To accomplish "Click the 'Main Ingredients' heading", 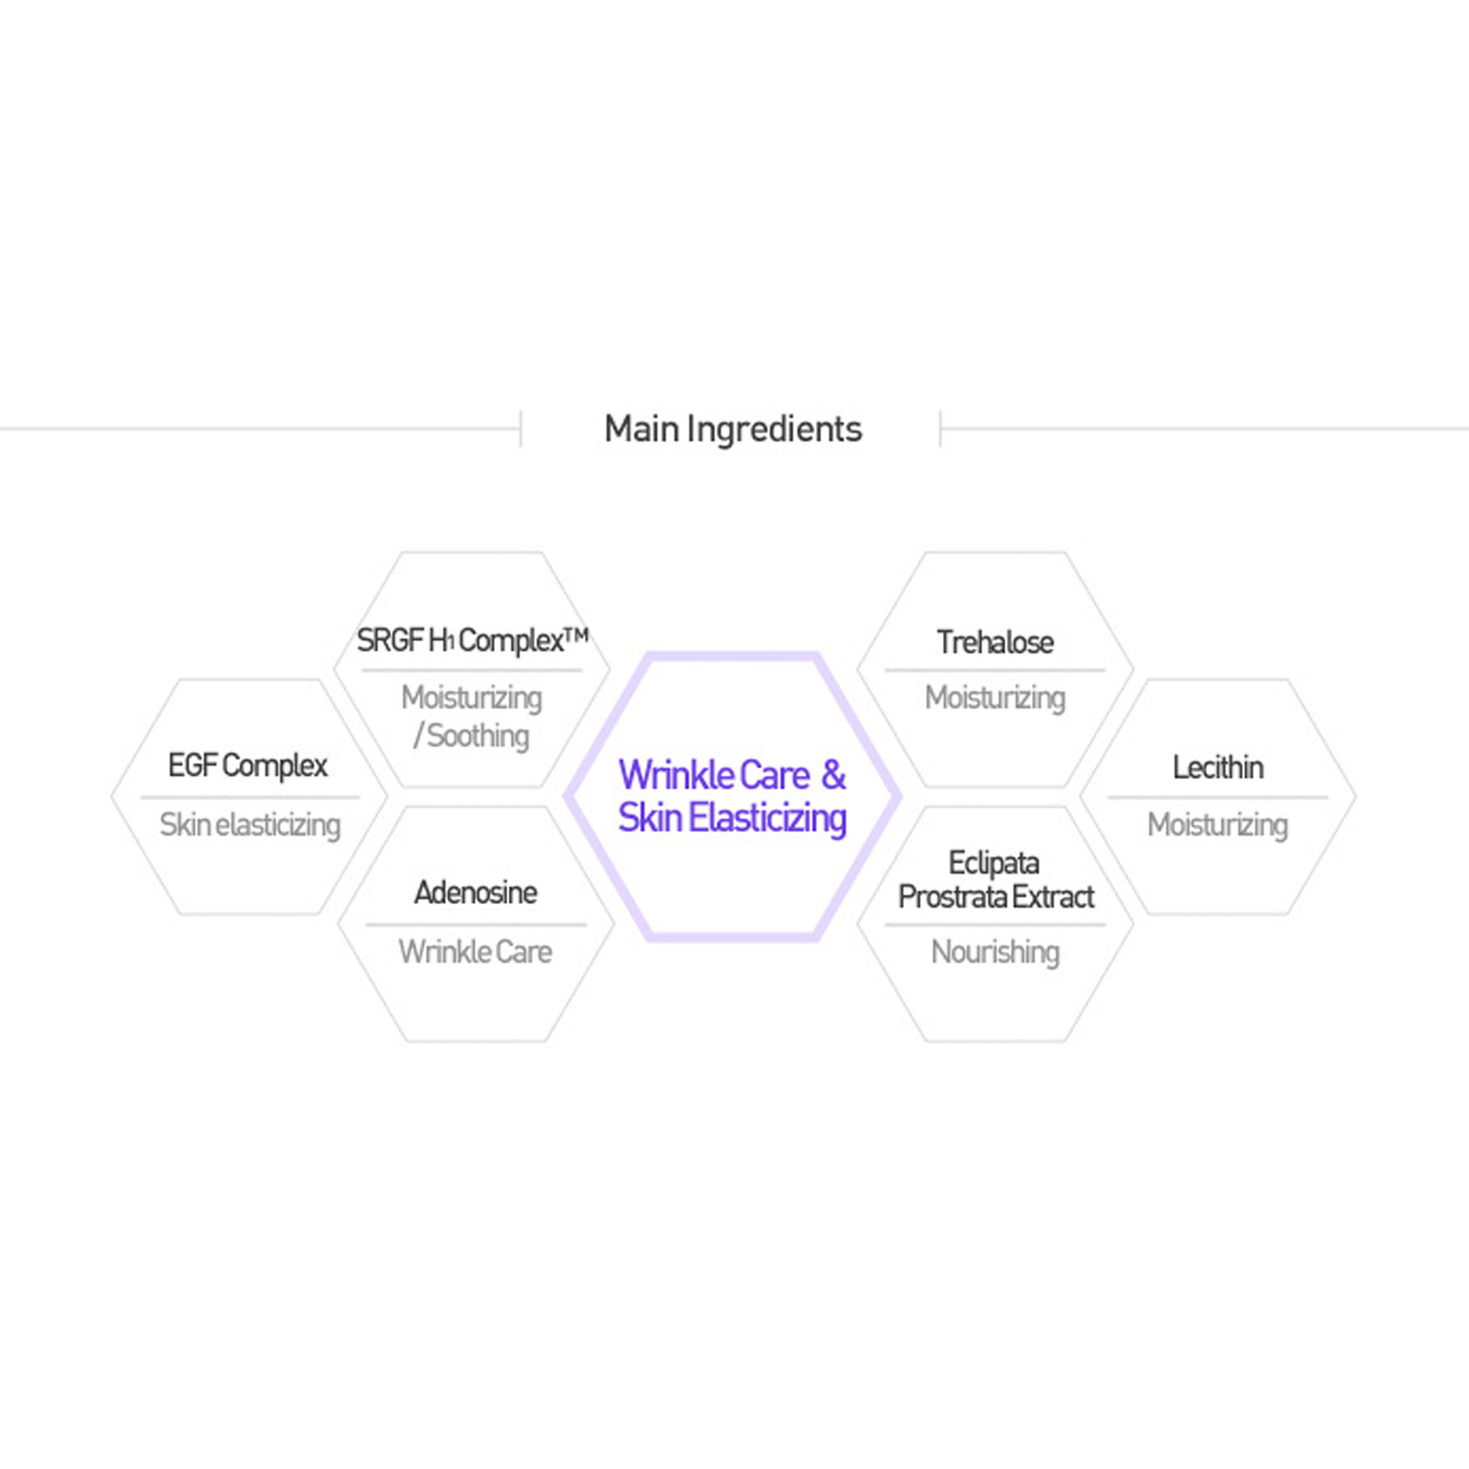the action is [x=733, y=430].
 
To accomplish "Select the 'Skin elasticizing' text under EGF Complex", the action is [x=250, y=826].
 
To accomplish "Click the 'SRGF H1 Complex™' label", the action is [x=473, y=641].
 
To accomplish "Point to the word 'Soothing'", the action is [x=478, y=736].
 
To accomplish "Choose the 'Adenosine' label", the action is [x=476, y=893].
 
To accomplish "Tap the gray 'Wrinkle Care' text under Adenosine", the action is [x=476, y=952].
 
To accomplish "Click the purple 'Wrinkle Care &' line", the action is [x=732, y=775].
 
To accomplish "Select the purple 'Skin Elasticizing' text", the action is [x=732, y=819].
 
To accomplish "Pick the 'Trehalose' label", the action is [x=995, y=643].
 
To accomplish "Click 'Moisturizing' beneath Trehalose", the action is [x=995, y=699].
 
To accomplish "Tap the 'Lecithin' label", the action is [x=1218, y=768].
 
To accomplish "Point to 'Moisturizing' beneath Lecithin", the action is [x=1218, y=826].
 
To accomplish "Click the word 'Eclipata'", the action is [x=993, y=864].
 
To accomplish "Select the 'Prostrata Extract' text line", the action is [x=996, y=898].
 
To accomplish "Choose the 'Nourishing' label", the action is [x=995, y=953].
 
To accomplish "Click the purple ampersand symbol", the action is [x=833, y=775].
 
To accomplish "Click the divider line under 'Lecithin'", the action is [x=1218, y=797].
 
